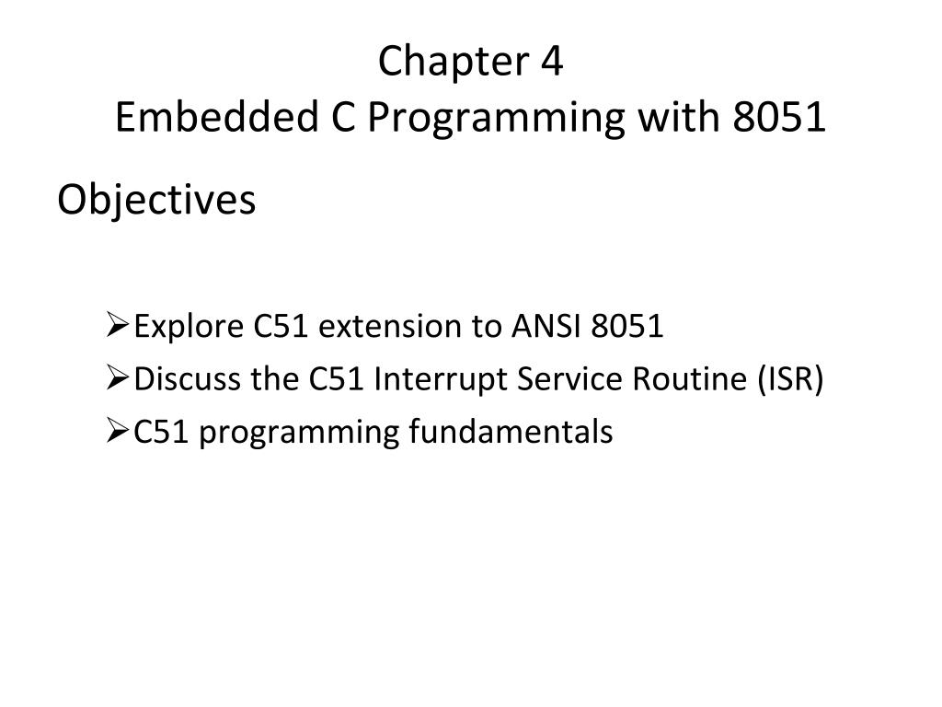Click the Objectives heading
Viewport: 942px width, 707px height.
point(156,200)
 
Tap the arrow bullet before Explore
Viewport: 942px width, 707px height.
point(117,325)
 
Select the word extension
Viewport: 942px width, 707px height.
point(384,326)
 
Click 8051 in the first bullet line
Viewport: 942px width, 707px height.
point(628,326)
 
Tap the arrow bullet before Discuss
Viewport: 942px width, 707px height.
point(117,377)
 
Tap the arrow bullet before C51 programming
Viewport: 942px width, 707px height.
point(117,430)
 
